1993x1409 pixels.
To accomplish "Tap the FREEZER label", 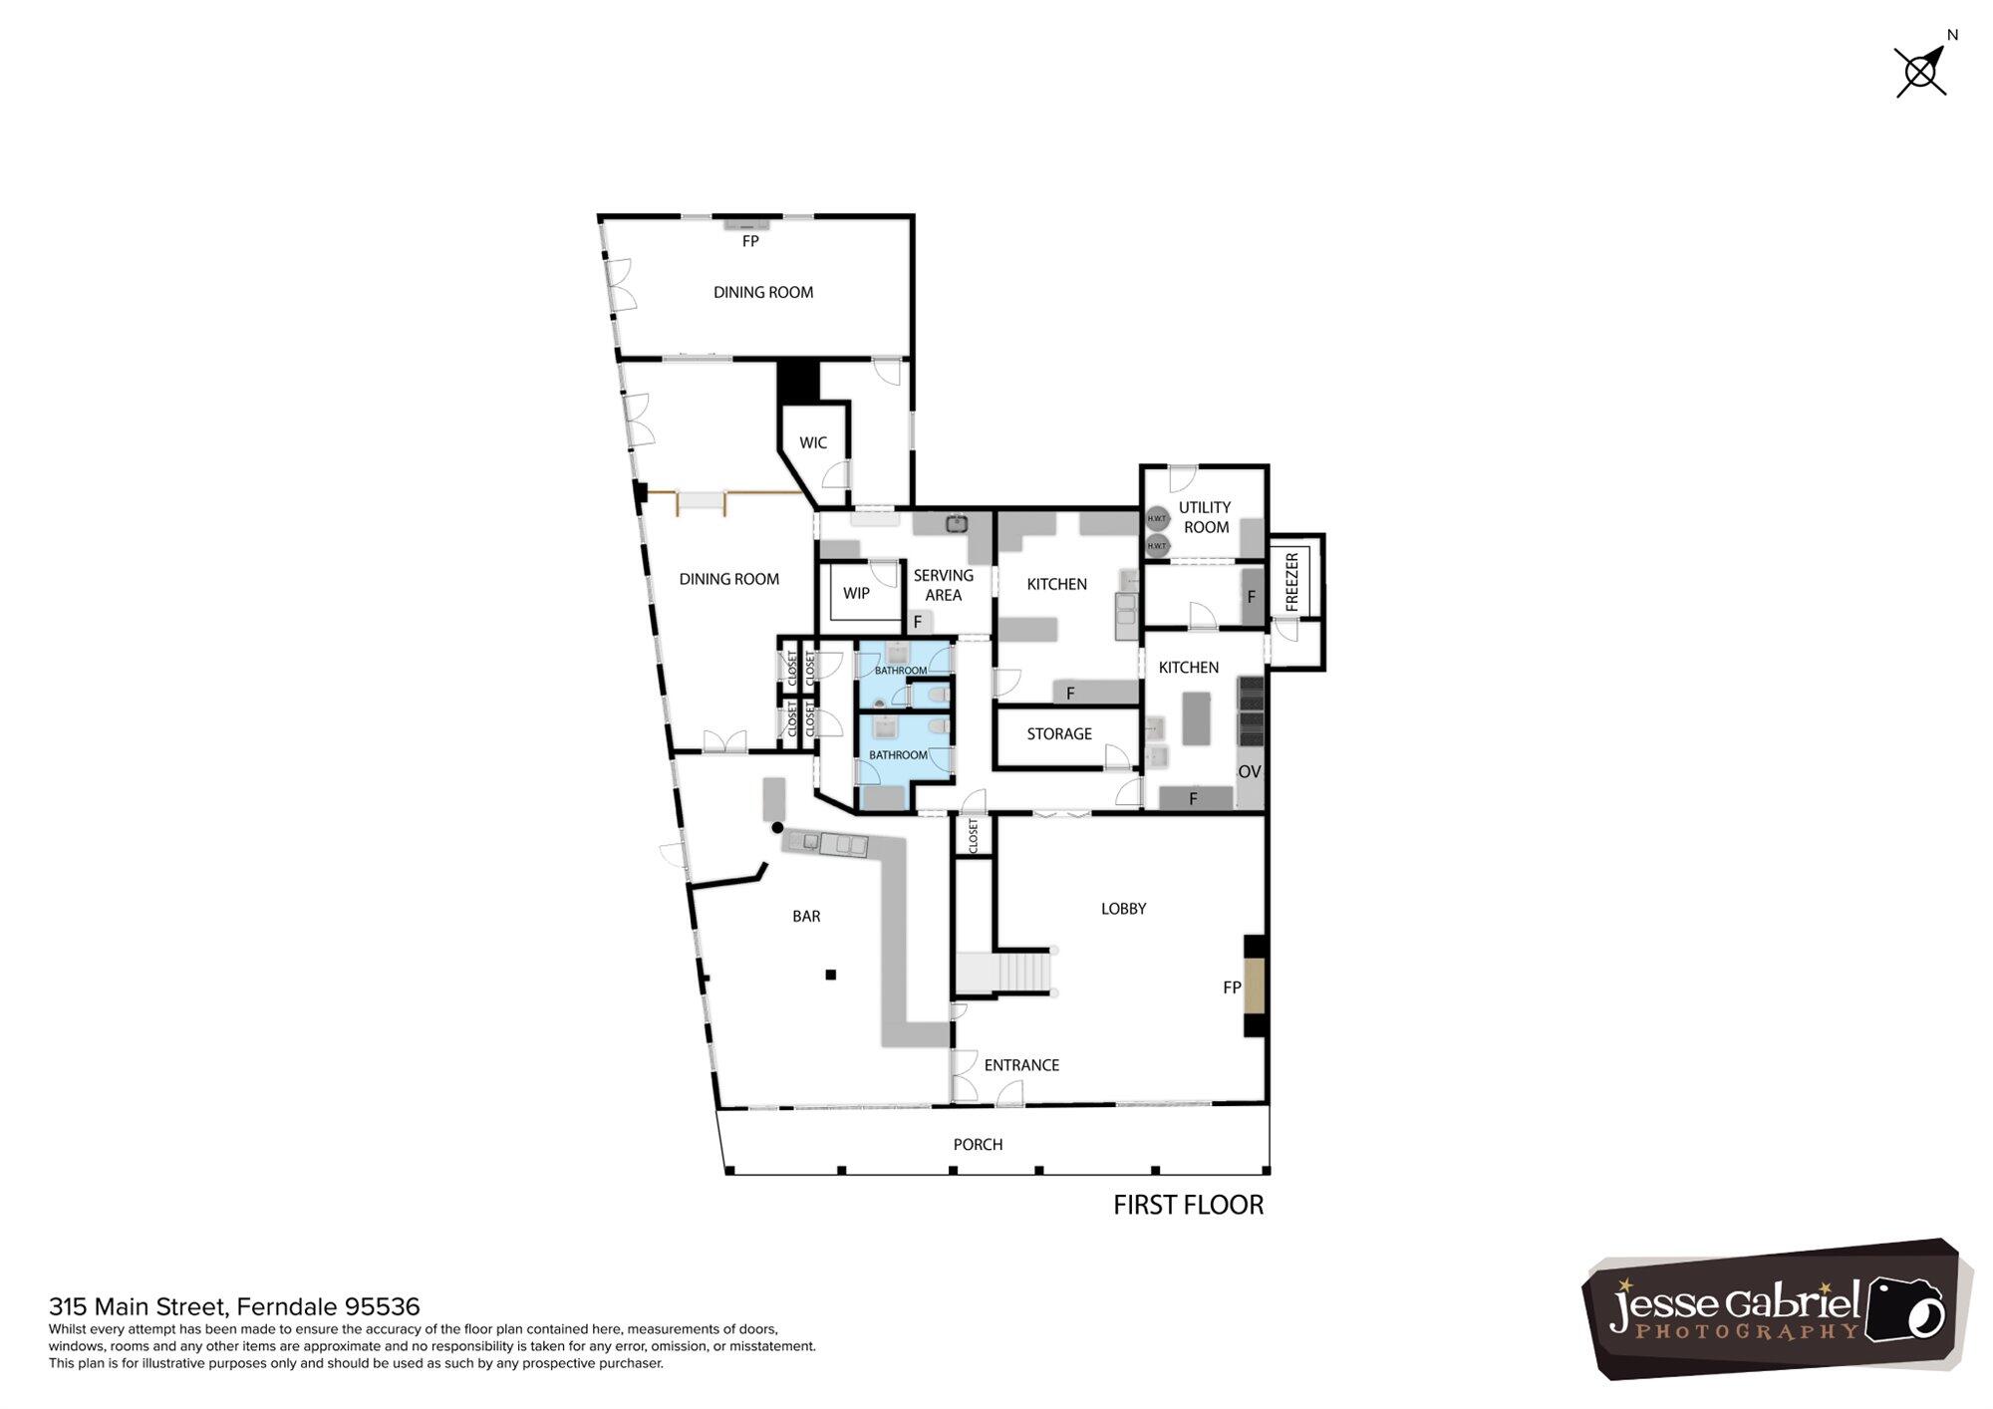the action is [1292, 582].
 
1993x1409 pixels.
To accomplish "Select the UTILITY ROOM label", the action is [1205, 517].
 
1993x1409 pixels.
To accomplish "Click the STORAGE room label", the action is [1059, 733].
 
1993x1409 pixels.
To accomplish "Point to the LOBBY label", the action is [1123, 909].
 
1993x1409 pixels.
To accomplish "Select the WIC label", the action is [813, 442].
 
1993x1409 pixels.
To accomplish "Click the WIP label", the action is [856, 593].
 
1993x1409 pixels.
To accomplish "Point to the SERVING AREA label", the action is [943, 585].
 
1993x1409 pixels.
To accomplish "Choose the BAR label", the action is [806, 916].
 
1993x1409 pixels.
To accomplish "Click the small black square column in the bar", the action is [830, 975].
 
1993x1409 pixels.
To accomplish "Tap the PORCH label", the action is [978, 1144].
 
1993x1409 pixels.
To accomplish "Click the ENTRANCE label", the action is [1021, 1065].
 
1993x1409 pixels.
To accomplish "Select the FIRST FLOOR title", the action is [1188, 1205].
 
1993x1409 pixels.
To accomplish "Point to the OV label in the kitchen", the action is [1250, 771].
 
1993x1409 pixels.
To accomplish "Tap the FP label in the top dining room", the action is [750, 241].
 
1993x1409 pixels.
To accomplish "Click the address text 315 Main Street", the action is [140, 1306].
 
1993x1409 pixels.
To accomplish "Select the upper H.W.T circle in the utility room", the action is [1157, 518].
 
